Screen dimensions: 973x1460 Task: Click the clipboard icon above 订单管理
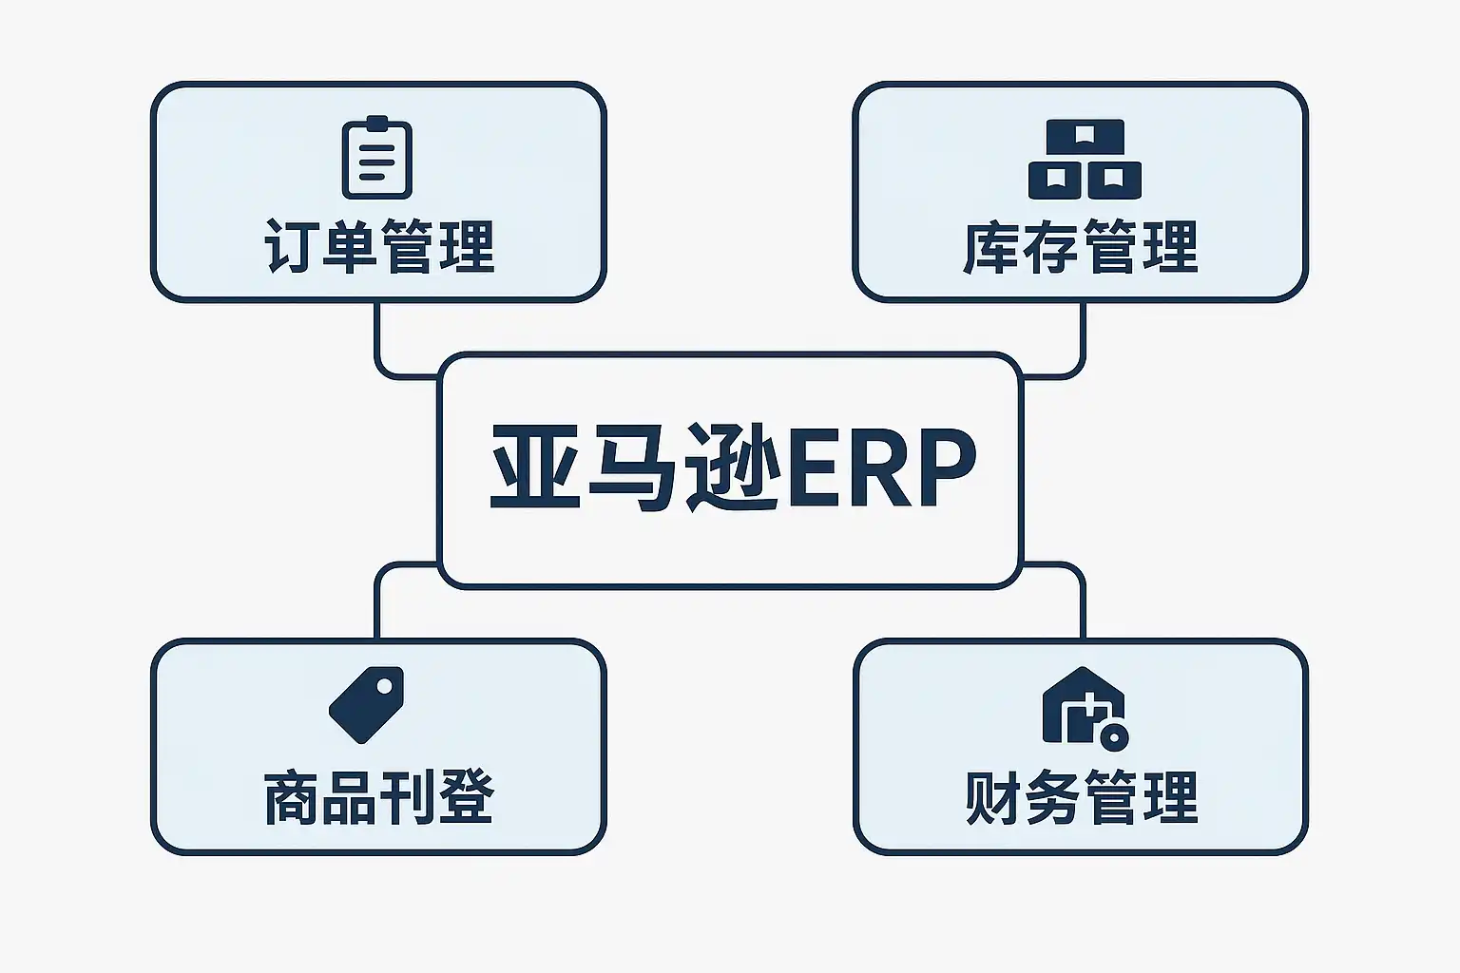coord(376,158)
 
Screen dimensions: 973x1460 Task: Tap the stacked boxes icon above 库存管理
coord(1085,159)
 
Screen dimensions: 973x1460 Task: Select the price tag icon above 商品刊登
coord(366,704)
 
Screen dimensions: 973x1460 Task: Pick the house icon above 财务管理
coord(1084,707)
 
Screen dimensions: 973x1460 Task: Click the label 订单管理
coord(378,247)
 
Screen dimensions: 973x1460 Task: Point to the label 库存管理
coord(1081,247)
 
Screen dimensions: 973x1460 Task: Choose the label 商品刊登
coord(378,798)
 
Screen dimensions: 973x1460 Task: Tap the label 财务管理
coord(1081,798)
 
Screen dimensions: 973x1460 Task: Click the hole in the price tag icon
coord(386,684)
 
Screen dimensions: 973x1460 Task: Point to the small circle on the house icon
coord(1113,736)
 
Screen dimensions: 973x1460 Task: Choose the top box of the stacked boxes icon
coord(1085,139)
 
